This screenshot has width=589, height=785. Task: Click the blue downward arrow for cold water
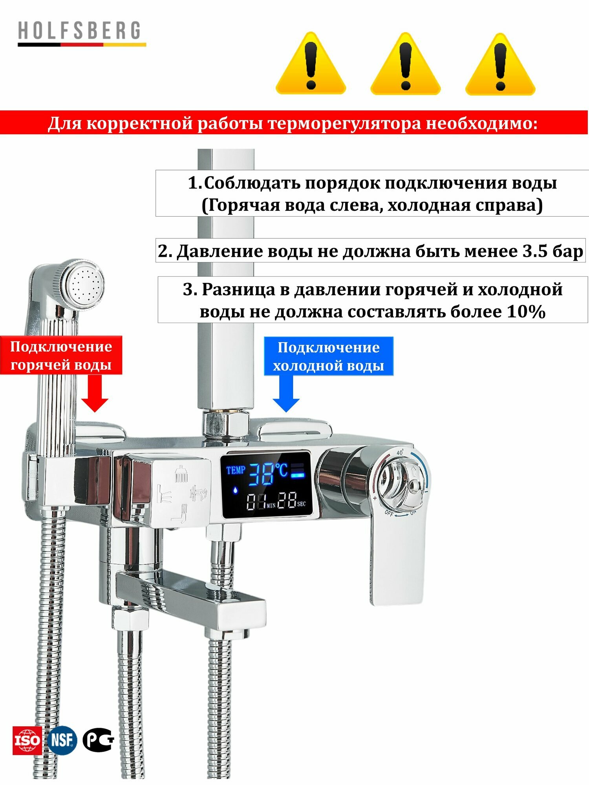point(286,394)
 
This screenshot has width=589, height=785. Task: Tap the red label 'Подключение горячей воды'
point(61,355)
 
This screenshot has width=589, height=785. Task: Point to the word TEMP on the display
point(236,470)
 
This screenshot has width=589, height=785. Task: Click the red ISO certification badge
point(27,740)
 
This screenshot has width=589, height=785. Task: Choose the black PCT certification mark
point(98,740)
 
